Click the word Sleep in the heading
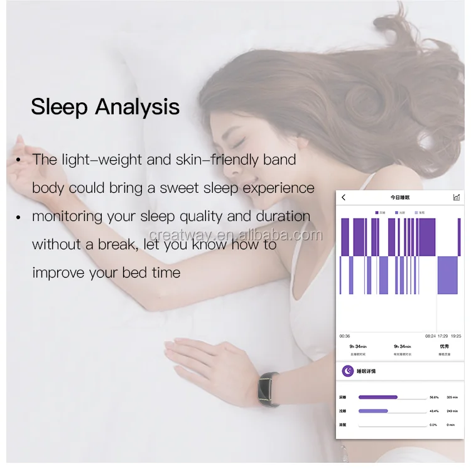(x=60, y=107)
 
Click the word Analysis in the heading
(x=137, y=107)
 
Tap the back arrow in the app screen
(x=344, y=198)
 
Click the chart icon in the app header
(x=457, y=198)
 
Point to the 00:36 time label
(x=345, y=336)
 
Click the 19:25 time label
(x=456, y=336)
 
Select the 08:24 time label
(x=430, y=336)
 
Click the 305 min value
(x=452, y=397)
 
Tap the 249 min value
(x=452, y=411)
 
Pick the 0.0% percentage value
(x=433, y=425)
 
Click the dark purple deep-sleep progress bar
(x=378, y=397)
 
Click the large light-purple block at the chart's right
(x=447, y=274)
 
